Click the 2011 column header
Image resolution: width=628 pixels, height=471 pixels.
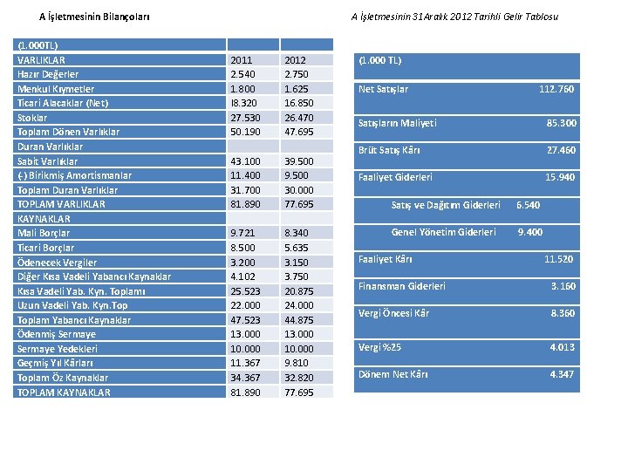(x=241, y=60)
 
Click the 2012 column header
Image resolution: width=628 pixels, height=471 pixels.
(x=295, y=60)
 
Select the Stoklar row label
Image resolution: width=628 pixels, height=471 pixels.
(x=32, y=118)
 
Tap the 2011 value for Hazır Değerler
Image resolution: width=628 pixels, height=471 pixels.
(x=242, y=74)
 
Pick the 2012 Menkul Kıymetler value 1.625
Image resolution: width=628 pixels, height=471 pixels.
(x=297, y=89)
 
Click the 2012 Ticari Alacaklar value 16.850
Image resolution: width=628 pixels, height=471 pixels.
(x=299, y=103)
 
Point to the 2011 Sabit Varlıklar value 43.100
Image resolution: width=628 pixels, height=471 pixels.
(x=245, y=161)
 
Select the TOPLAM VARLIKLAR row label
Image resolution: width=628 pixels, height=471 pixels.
(x=61, y=204)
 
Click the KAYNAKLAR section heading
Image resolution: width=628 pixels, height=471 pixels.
(x=44, y=219)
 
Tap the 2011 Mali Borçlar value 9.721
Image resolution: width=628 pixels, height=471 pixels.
(x=242, y=233)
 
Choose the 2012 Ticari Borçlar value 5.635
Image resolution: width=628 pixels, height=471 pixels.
(x=297, y=248)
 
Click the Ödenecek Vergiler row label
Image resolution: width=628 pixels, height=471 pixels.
(x=57, y=263)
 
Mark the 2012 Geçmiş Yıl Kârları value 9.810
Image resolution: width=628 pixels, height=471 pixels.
(x=297, y=363)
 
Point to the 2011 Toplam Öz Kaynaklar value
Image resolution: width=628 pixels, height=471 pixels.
(x=245, y=378)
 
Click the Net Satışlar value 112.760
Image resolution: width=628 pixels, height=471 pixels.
(x=556, y=89)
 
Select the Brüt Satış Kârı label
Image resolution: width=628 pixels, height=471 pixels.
(x=389, y=150)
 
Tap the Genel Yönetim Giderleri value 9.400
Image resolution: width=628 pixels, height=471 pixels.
(x=530, y=232)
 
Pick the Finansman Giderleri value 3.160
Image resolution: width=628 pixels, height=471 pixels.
(x=563, y=286)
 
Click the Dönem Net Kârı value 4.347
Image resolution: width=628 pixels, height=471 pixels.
(x=562, y=374)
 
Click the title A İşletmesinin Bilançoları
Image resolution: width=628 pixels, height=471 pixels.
(x=94, y=17)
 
